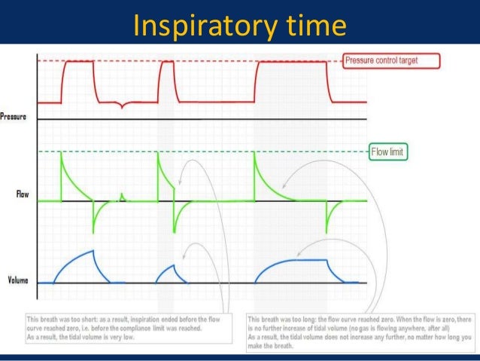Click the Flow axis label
coord(23,194)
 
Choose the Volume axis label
coord(19,280)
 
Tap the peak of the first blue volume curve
coord(92,252)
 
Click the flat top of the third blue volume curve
coord(297,259)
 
